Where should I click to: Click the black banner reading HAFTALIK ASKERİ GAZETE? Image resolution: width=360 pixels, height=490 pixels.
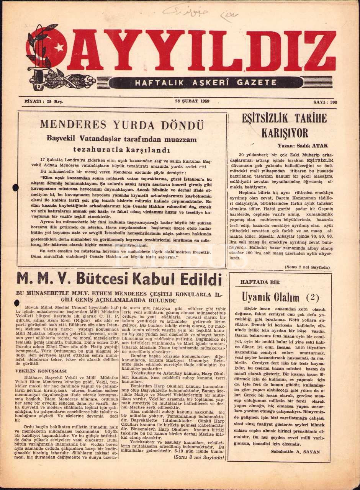pos(206,82)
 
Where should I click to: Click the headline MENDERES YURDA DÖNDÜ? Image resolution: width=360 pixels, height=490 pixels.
pos(122,125)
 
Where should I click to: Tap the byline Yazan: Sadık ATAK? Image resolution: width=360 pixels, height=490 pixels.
pos(306,145)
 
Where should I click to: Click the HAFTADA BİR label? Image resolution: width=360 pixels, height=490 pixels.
pos(260,282)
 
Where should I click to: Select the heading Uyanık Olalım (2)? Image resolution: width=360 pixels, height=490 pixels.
pos(280,297)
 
